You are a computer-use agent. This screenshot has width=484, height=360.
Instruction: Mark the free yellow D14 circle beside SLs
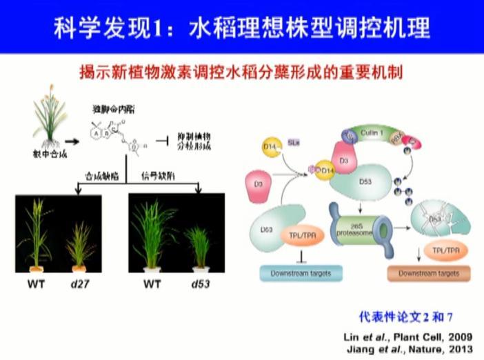(x=271, y=148)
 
